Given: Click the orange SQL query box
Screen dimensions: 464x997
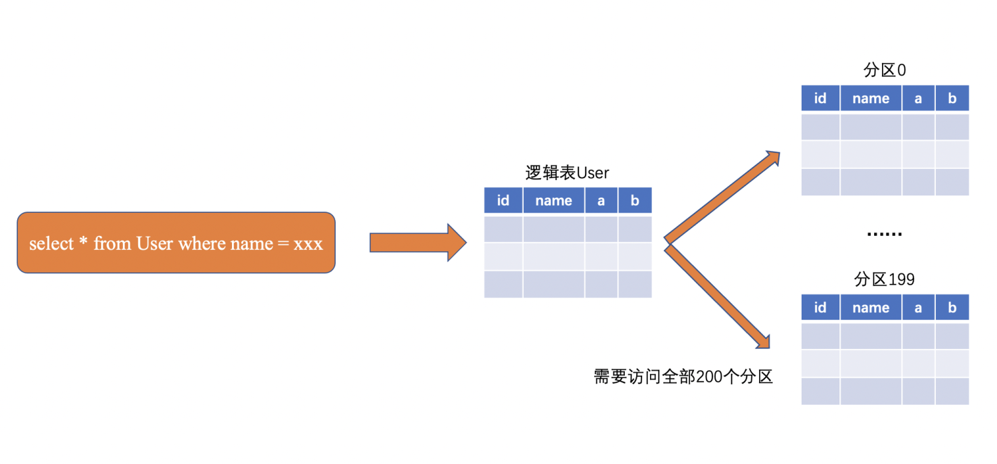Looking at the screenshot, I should coord(175,243).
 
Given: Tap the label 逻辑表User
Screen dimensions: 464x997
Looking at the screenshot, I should coord(567,174).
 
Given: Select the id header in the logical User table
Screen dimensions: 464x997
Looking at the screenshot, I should coord(503,200).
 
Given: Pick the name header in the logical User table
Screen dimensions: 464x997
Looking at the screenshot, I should coord(554,200).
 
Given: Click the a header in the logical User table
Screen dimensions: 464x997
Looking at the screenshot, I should coord(601,200).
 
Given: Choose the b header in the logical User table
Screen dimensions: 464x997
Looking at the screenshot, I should coord(635,200).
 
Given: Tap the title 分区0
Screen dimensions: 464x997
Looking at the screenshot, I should coord(884,70).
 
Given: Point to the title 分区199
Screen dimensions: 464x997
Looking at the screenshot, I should coord(884,280).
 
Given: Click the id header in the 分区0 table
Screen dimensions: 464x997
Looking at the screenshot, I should coord(820,98).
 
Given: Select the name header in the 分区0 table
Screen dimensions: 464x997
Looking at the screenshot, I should coord(871,98).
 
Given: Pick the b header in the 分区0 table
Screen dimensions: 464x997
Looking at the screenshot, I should coord(952,98).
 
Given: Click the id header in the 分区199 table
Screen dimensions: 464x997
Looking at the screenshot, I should coord(820,307).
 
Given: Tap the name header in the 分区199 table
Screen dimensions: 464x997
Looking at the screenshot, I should coord(871,307).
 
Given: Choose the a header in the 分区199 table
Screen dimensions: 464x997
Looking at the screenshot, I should coord(918,307).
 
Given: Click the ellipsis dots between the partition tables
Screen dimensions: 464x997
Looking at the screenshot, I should coord(885,235).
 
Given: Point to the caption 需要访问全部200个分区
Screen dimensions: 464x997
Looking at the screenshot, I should coord(683,377).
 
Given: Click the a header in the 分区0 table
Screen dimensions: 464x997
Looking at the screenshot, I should coord(918,98).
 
